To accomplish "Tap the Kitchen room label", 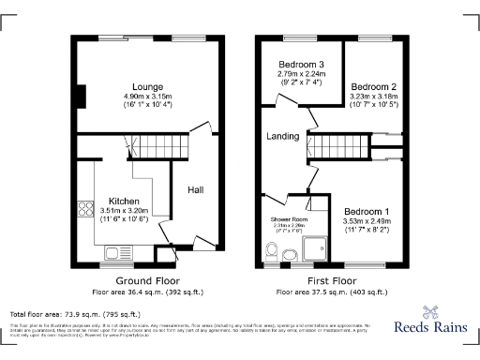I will pyautogui.click(x=125, y=202).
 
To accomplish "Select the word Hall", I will pyautogui.click(x=195, y=189).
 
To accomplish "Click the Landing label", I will pyautogui.click(x=282, y=136).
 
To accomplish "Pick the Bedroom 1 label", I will pyautogui.click(x=367, y=211).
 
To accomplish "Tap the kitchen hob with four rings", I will pyautogui.click(x=84, y=213).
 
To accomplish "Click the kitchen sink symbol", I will pyautogui.click(x=119, y=251).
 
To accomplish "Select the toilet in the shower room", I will pyautogui.click(x=272, y=250).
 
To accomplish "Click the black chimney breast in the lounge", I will pyautogui.click(x=81, y=96).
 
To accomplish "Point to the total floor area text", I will pyautogui.click(x=75, y=313).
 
